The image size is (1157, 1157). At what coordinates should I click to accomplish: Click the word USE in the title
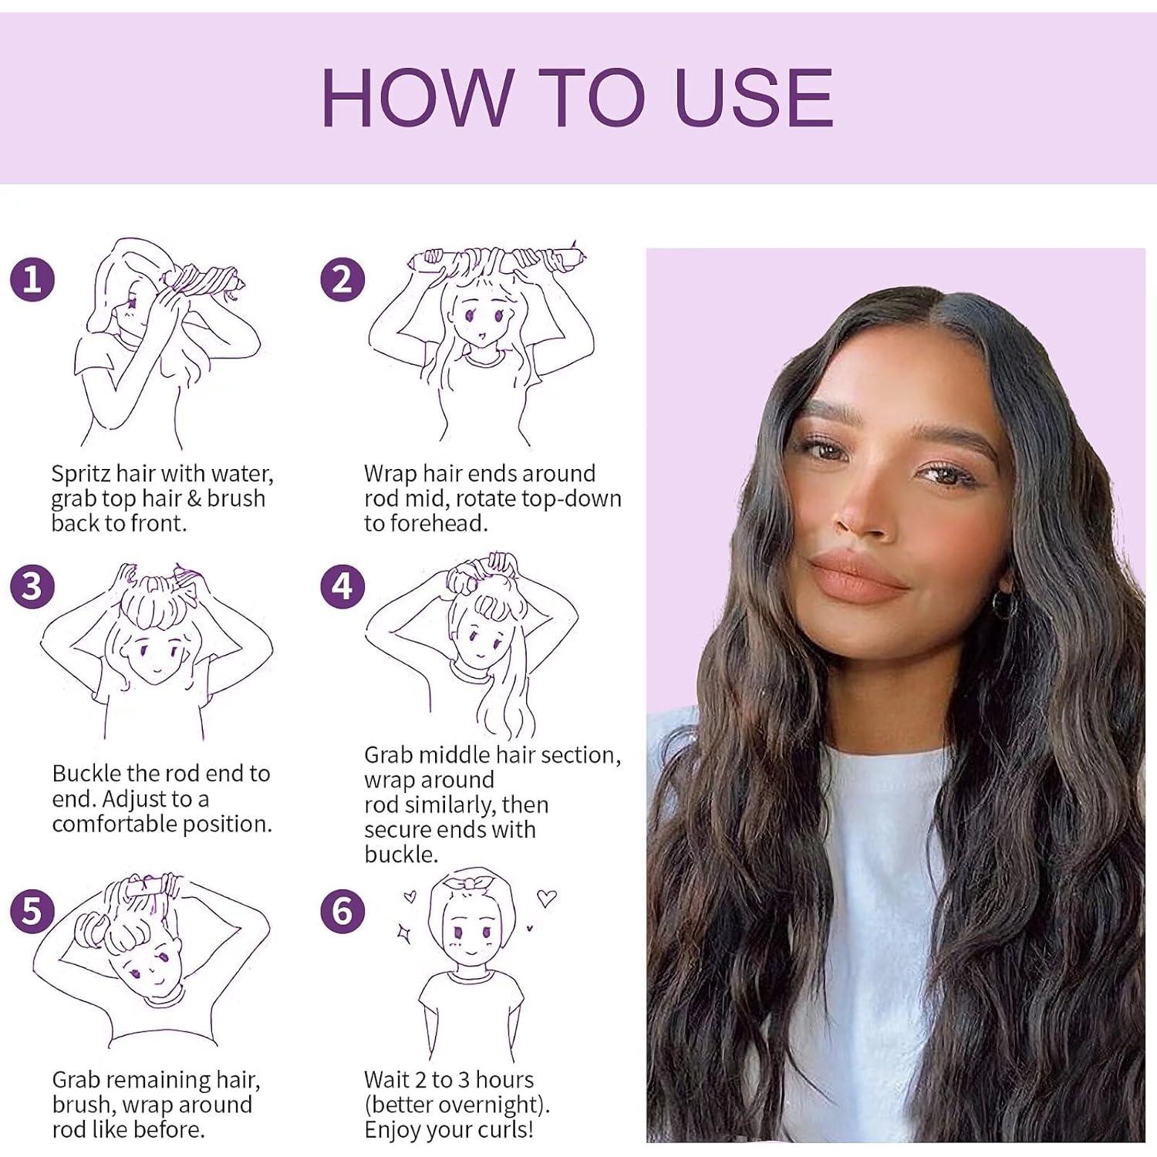point(754,98)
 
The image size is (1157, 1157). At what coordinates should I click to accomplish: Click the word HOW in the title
point(417,98)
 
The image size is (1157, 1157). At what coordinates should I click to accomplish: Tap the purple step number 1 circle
point(32,279)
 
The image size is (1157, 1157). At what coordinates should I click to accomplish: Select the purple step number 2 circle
point(342,279)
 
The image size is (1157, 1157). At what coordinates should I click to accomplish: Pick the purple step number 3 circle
point(32,586)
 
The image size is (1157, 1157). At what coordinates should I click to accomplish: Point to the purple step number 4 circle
point(342,586)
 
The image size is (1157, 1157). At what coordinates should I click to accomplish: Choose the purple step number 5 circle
point(32,911)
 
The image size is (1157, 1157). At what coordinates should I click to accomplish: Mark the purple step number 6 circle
point(342,911)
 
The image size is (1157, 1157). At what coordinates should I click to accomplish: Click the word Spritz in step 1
point(81,474)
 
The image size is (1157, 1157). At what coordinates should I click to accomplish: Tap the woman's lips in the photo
point(858,575)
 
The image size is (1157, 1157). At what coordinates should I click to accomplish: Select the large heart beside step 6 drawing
point(547,899)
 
